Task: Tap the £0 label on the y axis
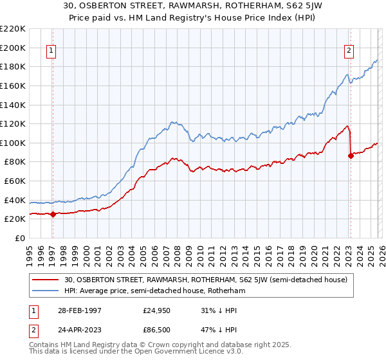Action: (20, 238)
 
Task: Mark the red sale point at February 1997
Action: (53, 215)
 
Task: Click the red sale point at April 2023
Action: (351, 156)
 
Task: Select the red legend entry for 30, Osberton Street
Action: (206, 280)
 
